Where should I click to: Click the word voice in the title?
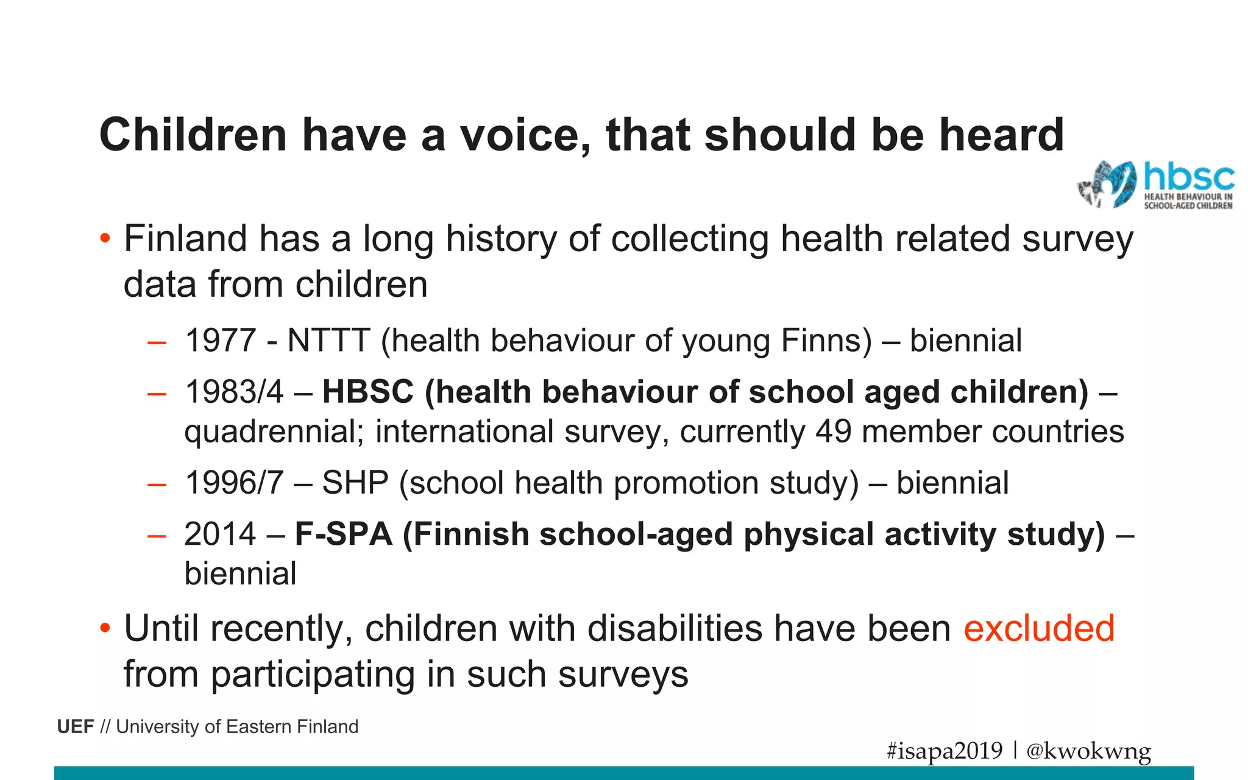(524, 135)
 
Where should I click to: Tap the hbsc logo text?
(1189, 177)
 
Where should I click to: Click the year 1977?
(220, 340)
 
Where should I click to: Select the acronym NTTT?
(328, 340)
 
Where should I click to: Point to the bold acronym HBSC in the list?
(368, 391)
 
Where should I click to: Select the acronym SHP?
(355, 483)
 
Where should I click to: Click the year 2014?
(220, 534)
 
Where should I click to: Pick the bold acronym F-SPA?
(344, 534)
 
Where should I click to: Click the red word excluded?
(1039, 628)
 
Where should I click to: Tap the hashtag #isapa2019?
(945, 750)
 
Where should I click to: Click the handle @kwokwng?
(1089, 750)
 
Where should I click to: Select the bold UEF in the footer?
(76, 726)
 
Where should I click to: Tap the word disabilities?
(675, 628)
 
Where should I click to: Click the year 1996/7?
(234, 483)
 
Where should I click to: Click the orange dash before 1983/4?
(157, 393)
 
